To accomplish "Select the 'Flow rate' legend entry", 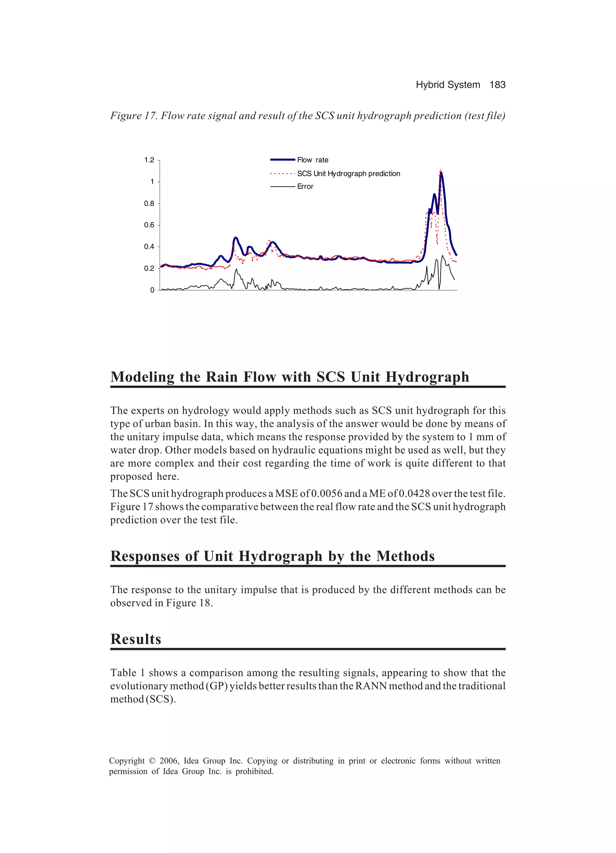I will [x=312, y=160].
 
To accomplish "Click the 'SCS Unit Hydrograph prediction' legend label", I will [x=348, y=174].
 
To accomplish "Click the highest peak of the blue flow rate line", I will [x=441, y=173].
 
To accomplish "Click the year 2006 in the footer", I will [x=169, y=761].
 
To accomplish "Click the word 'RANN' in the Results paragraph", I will [x=371, y=686].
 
